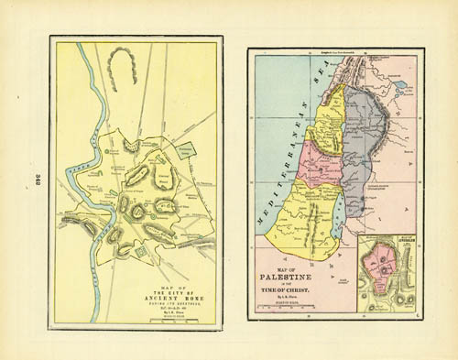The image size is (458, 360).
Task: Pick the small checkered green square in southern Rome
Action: tap(140, 249)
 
